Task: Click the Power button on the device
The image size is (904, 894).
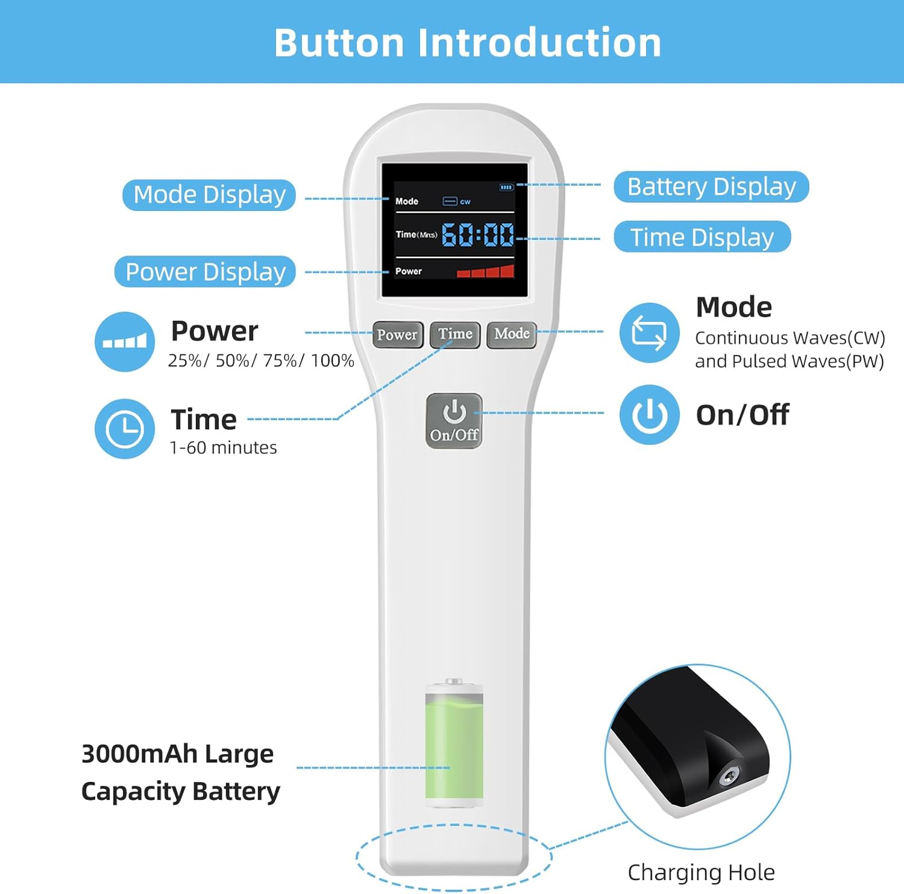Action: coord(397,335)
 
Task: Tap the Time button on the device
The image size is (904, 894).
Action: coord(455,335)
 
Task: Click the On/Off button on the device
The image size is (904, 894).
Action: coord(454,421)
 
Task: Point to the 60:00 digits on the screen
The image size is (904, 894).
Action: coord(478,235)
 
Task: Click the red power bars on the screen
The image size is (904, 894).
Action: coord(486,271)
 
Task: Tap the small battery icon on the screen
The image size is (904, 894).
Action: coord(506,187)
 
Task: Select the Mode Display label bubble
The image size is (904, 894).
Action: coord(209,195)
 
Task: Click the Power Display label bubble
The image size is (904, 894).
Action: coord(205,272)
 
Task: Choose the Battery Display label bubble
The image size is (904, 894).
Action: coord(711,187)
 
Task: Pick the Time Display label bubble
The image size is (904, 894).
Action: coord(702,237)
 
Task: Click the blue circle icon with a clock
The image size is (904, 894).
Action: coord(125,429)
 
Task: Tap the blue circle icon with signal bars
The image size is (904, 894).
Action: coord(125,342)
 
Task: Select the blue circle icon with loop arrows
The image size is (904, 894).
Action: coord(649,333)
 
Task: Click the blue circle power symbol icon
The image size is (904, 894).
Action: coord(649,415)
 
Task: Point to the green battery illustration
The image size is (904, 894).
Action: coord(454,744)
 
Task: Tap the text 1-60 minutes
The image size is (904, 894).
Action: coord(223,448)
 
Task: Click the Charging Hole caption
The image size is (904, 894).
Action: coord(701,872)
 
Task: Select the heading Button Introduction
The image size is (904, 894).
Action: coord(468,42)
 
